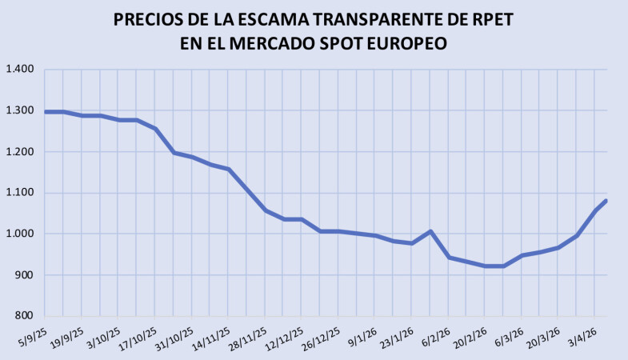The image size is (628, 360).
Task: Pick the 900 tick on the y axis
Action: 24,275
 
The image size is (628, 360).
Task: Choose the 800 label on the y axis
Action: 24,316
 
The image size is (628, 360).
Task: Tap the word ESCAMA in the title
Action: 276,18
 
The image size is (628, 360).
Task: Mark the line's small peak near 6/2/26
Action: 431,231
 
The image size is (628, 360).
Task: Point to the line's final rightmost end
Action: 606,201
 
